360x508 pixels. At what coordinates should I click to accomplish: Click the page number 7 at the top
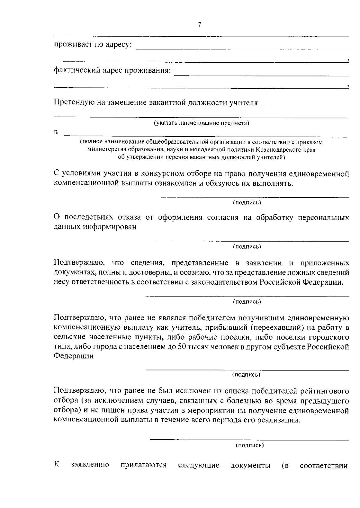[x=199, y=25]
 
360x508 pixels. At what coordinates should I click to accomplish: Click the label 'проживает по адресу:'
[x=93, y=45]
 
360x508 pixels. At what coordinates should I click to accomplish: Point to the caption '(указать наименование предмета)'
[x=201, y=123]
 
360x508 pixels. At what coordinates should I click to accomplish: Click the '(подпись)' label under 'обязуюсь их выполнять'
[x=247, y=203]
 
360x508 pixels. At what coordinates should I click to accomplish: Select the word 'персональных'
[x=323, y=218]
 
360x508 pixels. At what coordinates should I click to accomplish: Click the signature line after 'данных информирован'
[x=252, y=241]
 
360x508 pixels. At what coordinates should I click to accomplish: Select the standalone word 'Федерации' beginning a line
[x=73, y=356]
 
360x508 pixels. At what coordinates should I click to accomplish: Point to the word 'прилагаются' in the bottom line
[x=143, y=465]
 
